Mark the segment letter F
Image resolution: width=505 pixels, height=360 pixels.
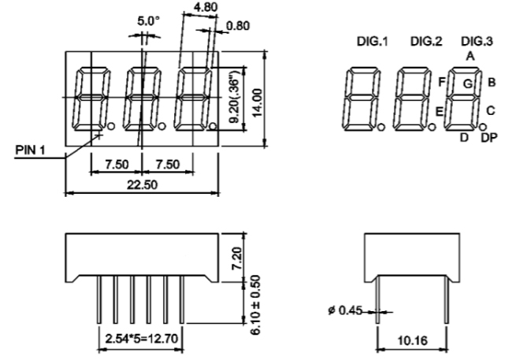[442, 80]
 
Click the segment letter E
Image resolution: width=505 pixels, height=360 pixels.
[440, 111]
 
